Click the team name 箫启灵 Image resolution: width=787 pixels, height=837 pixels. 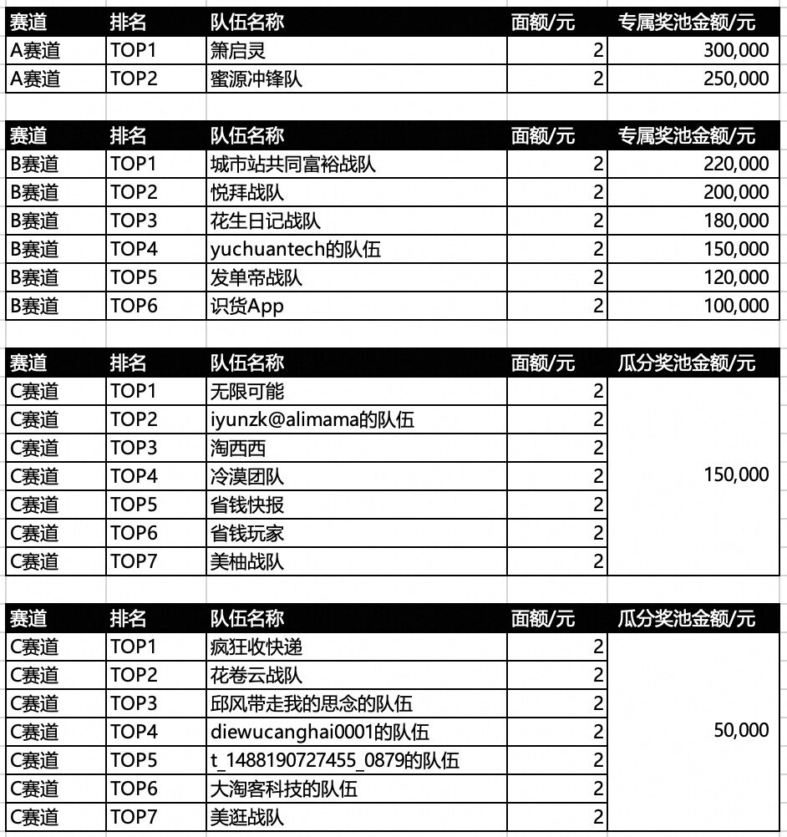[238, 51]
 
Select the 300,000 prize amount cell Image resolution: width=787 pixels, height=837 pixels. [736, 51]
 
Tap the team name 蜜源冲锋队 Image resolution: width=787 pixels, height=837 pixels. [256, 79]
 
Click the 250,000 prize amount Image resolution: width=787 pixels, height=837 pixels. [736, 79]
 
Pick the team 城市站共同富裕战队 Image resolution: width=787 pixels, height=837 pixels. [293, 165]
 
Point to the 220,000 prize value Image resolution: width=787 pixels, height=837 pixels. [736, 165]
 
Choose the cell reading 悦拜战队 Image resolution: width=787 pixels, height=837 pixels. [247, 193]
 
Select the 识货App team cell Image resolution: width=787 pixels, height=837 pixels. [247, 306]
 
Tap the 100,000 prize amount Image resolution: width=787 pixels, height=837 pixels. [736, 306]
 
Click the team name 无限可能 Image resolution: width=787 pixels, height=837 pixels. [247, 391]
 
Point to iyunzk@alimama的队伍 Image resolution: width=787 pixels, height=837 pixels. [312, 419]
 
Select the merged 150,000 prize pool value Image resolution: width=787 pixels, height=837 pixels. [736, 475]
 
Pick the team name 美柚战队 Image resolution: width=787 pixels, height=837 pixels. [247, 561]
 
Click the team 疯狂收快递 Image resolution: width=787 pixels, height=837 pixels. [256, 647]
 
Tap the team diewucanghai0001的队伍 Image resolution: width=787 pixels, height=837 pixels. [320, 732]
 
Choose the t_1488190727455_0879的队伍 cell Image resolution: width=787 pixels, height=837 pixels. [335, 760]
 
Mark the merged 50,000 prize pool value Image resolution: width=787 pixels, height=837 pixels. [741, 731]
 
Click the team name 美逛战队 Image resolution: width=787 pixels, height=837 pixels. [247, 817]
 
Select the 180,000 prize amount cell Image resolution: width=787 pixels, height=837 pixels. [736, 221]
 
